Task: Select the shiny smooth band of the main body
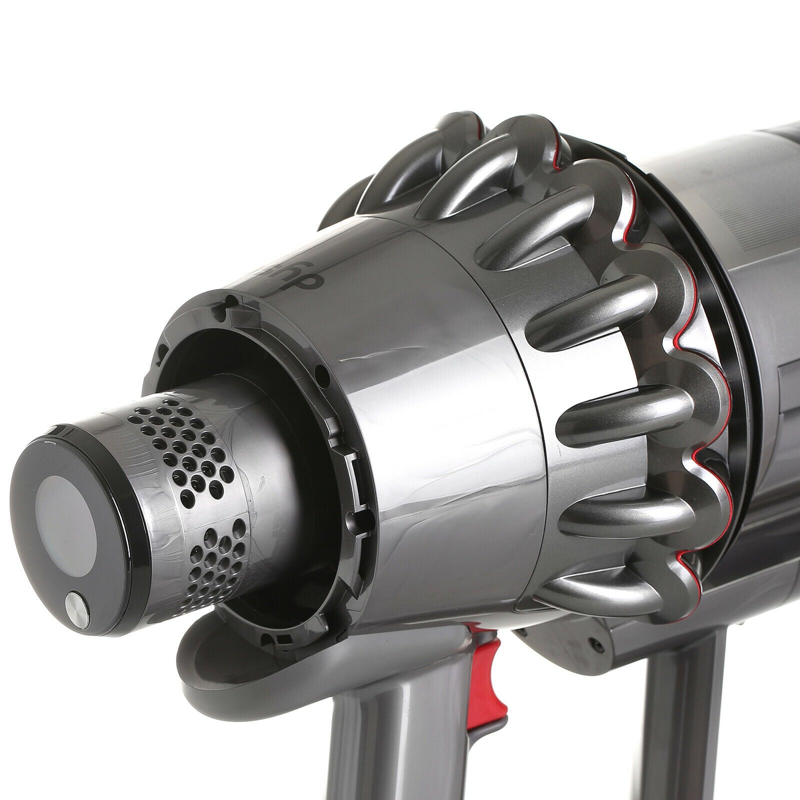(x=440, y=450)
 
